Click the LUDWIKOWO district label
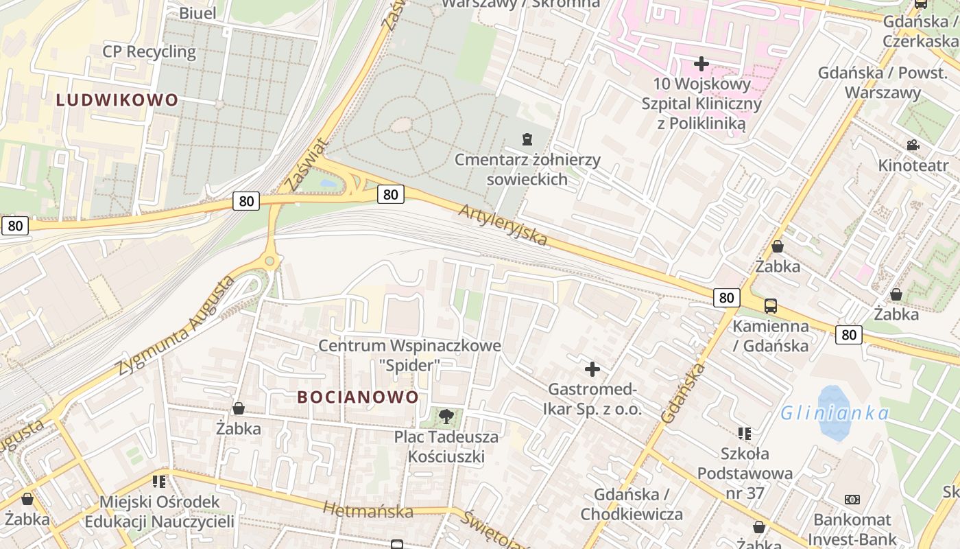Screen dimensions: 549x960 (x=117, y=100)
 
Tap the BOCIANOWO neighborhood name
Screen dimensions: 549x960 (x=357, y=397)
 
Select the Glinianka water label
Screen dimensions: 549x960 (x=835, y=413)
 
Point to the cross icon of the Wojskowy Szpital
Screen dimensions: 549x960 (x=701, y=64)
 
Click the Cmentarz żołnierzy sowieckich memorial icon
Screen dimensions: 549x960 (x=526, y=140)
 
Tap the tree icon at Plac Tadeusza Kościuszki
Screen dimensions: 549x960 (x=446, y=416)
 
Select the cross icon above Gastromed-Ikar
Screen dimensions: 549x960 (x=592, y=370)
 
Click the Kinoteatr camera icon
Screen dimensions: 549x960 (x=913, y=145)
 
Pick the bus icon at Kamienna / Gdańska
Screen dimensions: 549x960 (x=770, y=306)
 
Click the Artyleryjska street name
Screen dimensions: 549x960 (x=503, y=224)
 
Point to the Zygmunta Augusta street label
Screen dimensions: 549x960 (x=175, y=327)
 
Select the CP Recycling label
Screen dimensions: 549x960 (x=149, y=51)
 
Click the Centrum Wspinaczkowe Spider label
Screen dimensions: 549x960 (x=409, y=355)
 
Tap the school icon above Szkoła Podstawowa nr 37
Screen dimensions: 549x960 (x=744, y=434)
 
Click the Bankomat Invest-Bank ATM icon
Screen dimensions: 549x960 (x=852, y=500)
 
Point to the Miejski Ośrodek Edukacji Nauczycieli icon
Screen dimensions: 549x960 (x=159, y=482)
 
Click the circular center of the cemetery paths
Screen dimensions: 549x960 (x=402, y=125)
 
